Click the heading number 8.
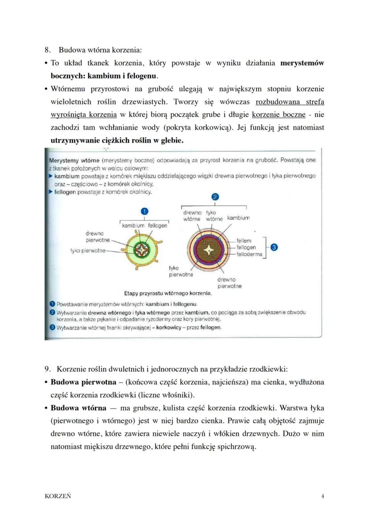tap(47, 50)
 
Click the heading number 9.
tap(47, 370)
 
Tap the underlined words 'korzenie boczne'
tap(279, 115)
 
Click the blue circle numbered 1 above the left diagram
tap(144, 212)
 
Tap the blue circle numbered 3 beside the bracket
tap(274, 247)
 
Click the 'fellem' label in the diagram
tap(244, 241)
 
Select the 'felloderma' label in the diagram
tap(250, 254)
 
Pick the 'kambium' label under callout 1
tap(133, 226)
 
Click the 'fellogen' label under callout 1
tap(157, 226)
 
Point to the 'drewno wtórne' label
tap(193, 216)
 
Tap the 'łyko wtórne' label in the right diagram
tap(215, 216)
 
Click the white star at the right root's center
tap(208, 251)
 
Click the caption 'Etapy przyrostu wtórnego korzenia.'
tap(168, 294)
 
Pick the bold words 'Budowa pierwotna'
tap(78, 382)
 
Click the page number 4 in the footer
tap(322, 495)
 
